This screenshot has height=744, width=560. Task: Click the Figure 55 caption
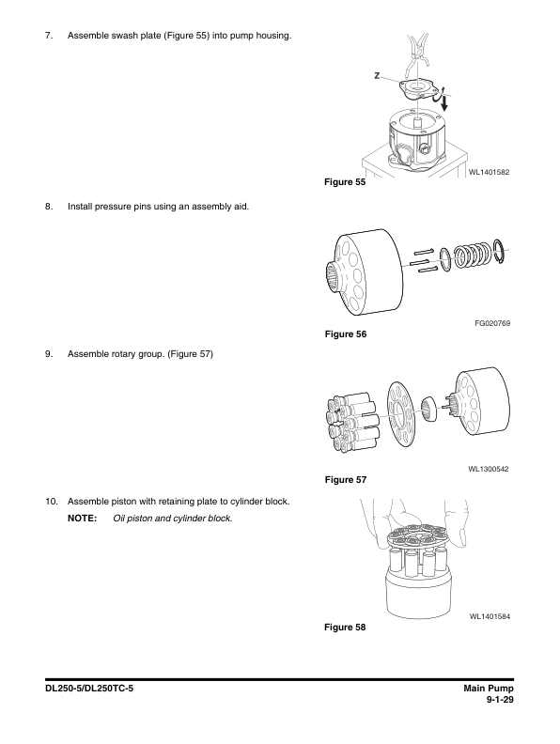(345, 182)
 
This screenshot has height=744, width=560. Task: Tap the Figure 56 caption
(346, 334)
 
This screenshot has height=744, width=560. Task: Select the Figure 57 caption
(346, 480)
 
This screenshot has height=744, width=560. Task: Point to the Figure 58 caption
(345, 628)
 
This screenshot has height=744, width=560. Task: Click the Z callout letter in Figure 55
(377, 75)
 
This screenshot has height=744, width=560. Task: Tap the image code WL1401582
(489, 172)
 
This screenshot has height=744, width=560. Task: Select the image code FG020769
(492, 323)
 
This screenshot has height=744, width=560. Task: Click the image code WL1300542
(489, 470)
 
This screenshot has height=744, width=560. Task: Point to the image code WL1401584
(490, 617)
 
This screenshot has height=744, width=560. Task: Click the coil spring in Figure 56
(473, 256)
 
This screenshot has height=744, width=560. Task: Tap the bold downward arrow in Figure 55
(444, 101)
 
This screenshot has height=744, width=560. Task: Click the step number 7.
(49, 36)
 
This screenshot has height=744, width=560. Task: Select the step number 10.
(52, 502)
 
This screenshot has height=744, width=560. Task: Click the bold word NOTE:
(82, 519)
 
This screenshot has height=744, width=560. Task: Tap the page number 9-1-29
(500, 700)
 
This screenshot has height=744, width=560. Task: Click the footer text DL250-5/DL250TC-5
(89, 689)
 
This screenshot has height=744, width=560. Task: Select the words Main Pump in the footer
(489, 689)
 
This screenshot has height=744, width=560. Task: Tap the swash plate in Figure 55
(417, 89)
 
